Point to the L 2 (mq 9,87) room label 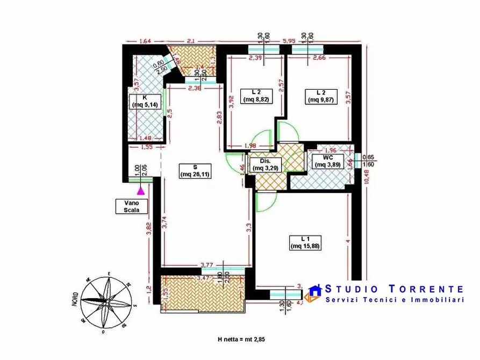click(x=321, y=95)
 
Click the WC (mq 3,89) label click(x=327, y=161)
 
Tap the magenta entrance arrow click(x=141, y=189)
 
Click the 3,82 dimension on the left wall click(x=149, y=231)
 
